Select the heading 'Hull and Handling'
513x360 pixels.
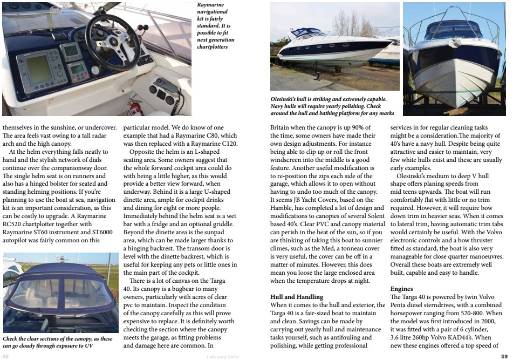[x=296, y=297]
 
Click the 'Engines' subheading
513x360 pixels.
[x=401, y=289]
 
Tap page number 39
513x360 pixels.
[x=504, y=356]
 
